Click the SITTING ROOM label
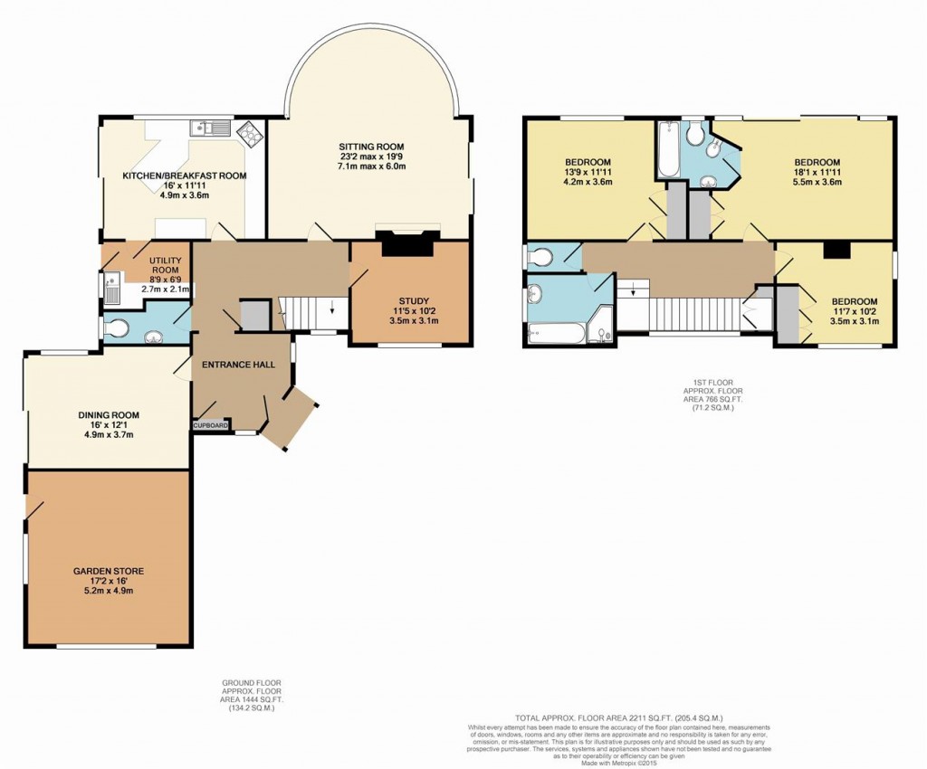(x=371, y=147)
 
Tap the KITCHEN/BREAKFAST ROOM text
(x=185, y=176)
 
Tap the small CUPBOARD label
(x=210, y=424)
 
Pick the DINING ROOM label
(x=108, y=416)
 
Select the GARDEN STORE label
(x=109, y=572)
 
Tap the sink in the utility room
(x=111, y=290)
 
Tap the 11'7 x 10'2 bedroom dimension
(x=855, y=312)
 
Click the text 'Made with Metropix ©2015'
(x=621, y=763)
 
